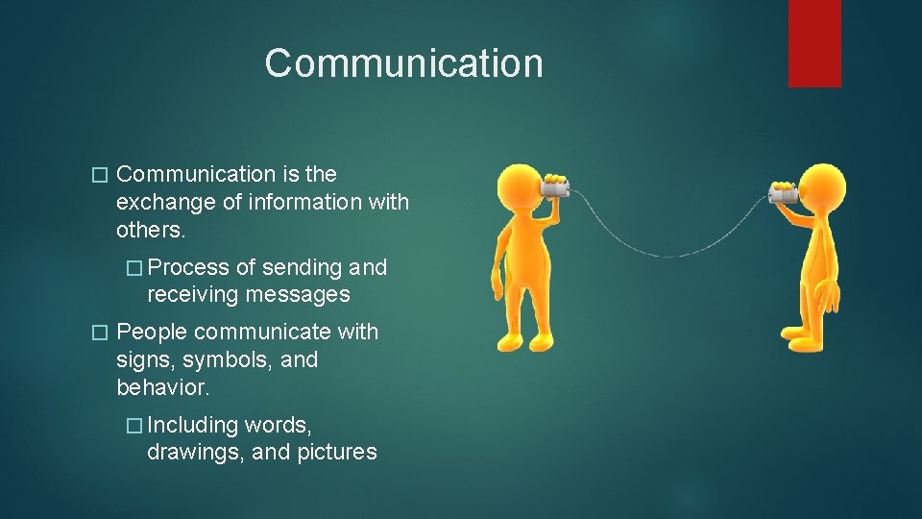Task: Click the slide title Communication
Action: [403, 63]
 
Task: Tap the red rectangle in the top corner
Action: [814, 42]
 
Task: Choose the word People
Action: [151, 333]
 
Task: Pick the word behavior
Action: [162, 388]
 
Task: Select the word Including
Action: [192, 425]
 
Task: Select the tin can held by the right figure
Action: [783, 195]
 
